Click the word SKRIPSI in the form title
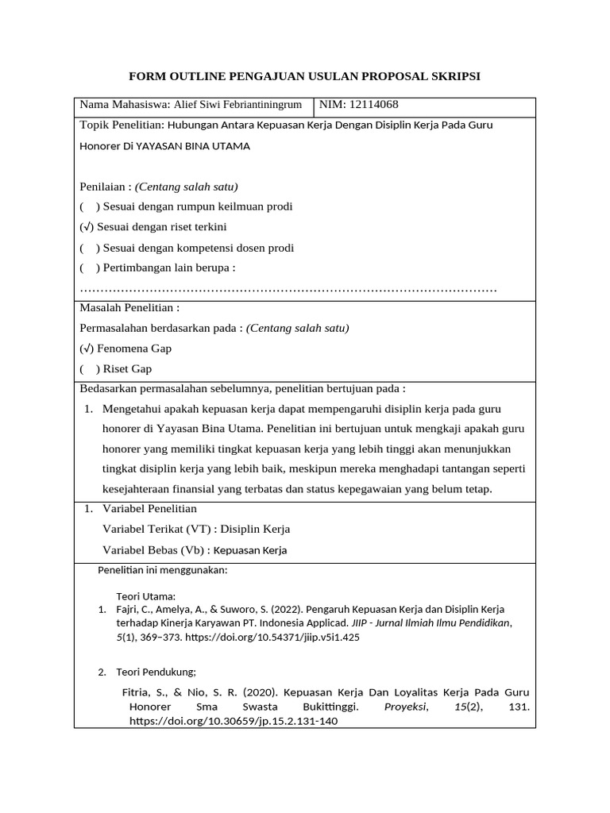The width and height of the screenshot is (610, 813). point(449,76)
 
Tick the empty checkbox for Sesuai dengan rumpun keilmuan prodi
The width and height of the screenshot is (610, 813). point(87,206)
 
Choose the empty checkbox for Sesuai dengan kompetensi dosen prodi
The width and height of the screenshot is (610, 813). point(87,248)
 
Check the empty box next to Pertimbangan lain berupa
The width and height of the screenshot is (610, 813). point(87,268)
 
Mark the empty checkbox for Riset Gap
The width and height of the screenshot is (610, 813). point(87,369)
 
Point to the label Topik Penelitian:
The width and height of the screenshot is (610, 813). point(122,125)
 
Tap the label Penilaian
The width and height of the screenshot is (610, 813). point(103,187)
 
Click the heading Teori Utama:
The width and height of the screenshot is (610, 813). point(146,595)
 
